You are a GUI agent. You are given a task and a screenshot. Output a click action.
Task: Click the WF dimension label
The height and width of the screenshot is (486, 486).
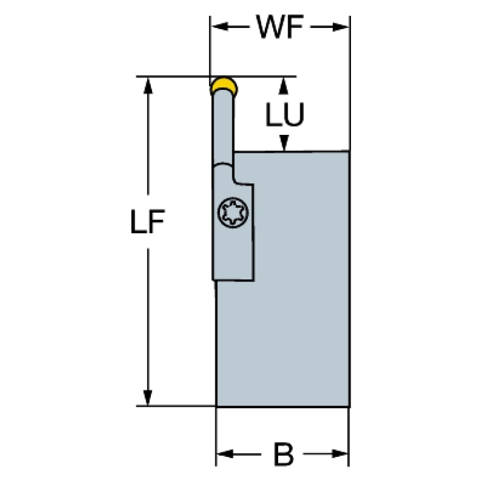(279, 27)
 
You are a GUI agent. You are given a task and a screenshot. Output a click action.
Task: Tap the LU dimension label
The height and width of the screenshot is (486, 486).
(285, 115)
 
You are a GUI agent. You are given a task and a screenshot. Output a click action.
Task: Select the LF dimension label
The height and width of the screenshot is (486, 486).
(148, 224)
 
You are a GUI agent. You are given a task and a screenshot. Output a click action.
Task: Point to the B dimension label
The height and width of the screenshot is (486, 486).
(283, 454)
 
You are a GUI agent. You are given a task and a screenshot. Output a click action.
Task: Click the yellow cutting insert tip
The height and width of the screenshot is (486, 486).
(223, 84)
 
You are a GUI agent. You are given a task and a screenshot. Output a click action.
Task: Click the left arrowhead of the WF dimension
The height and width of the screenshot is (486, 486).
(217, 27)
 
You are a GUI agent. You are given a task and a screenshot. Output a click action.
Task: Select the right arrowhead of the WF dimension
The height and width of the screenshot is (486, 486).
(342, 27)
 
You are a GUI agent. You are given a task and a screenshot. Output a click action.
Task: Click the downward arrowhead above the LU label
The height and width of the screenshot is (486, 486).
(285, 85)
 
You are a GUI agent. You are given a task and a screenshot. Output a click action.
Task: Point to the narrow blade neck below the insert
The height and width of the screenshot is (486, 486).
(224, 127)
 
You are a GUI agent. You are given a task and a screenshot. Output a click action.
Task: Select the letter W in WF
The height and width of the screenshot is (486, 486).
(268, 27)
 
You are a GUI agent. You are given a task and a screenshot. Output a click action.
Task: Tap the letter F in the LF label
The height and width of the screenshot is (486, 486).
(157, 224)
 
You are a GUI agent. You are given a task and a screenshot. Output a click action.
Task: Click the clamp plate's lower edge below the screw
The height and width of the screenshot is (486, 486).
(233, 279)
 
